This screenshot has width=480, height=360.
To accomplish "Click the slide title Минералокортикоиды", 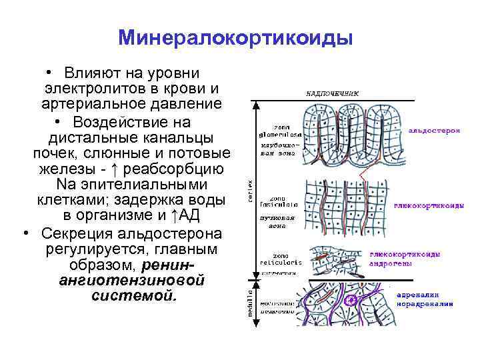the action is point(235,37).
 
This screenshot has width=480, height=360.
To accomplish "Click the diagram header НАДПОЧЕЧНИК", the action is point(331,94).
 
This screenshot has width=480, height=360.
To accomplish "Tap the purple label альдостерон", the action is point(434,131).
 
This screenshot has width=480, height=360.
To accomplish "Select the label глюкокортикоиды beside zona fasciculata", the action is point(429,206).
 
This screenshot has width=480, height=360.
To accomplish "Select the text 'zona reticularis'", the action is point(285,259).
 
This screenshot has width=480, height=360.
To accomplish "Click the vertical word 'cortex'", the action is point(250,191).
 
